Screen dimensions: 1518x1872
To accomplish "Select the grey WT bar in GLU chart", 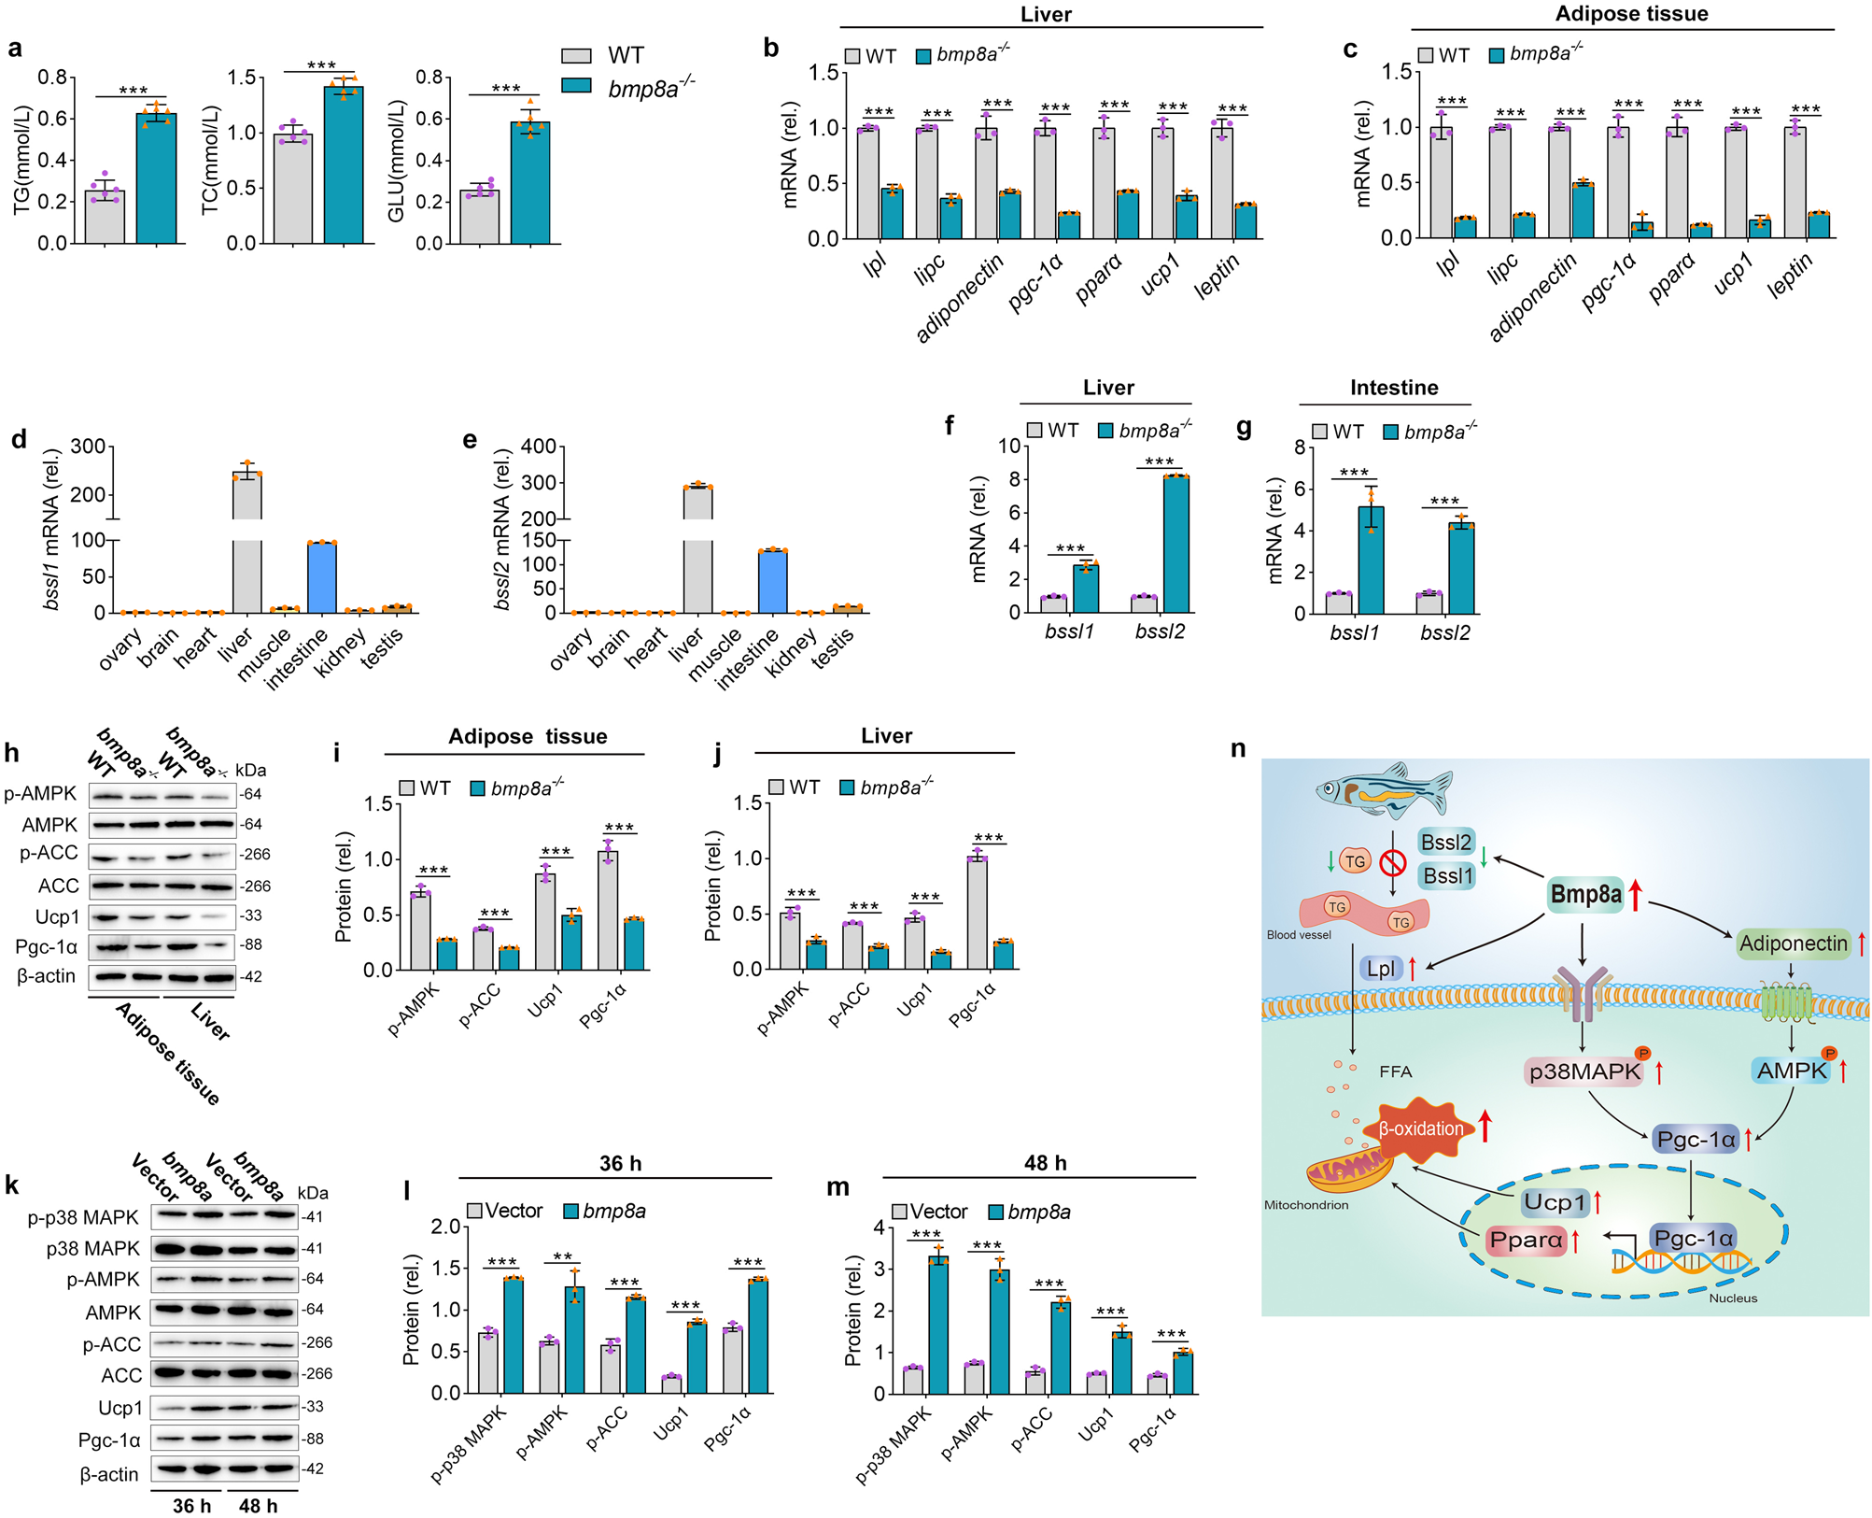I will point(480,217).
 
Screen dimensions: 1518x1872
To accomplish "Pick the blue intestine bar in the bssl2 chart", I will point(772,581).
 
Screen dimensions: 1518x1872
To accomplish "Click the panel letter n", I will point(1238,748).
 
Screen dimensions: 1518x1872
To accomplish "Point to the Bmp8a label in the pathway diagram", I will point(1585,894).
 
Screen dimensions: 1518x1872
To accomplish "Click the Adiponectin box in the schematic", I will point(1793,943).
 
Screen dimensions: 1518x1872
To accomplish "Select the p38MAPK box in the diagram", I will point(1584,1071).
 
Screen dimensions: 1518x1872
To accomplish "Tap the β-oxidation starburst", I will point(1421,1128).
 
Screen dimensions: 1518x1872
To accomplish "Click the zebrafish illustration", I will point(1384,790).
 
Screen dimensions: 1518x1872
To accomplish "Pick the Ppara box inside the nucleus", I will point(1526,1241).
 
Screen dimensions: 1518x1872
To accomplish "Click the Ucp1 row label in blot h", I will point(57,916).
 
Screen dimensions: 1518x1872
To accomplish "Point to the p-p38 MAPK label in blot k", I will point(83,1217).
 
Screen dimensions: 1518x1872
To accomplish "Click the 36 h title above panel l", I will point(620,1163).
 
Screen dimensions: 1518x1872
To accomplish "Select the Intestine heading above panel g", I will point(1393,388).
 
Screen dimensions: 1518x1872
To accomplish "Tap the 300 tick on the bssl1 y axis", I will point(88,447).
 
